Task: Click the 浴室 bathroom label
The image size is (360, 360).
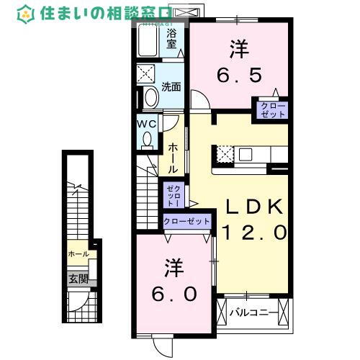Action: (x=171, y=39)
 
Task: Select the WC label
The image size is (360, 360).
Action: (x=148, y=122)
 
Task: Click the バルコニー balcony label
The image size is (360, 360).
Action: (x=248, y=313)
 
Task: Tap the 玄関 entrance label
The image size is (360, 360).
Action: (x=78, y=279)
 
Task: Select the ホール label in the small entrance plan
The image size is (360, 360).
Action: (x=78, y=254)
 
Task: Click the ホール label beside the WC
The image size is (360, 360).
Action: (x=173, y=157)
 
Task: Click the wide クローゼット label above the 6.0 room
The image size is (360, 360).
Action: (x=186, y=222)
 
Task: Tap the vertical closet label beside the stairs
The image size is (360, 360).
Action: (x=174, y=194)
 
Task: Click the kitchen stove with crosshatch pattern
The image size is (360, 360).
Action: (x=224, y=153)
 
